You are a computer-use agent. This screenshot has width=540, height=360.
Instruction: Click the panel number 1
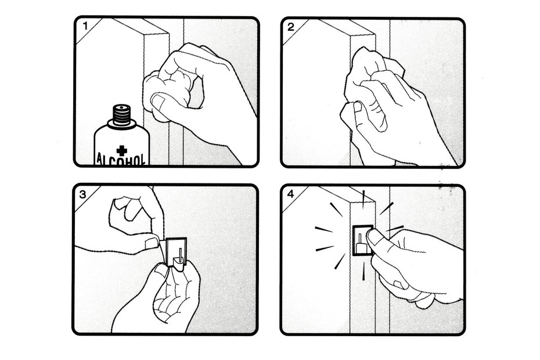pyautogui.click(x=85, y=26)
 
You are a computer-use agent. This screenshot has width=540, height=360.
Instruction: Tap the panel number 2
pyautogui.click(x=291, y=27)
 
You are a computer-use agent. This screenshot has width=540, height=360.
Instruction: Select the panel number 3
pyautogui.click(x=83, y=195)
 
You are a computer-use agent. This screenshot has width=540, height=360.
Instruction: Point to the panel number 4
pyautogui.click(x=291, y=195)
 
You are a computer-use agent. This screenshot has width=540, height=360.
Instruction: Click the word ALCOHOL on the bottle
pyautogui.click(x=121, y=159)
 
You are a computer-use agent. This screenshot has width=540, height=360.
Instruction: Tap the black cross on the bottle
pyautogui.click(x=121, y=150)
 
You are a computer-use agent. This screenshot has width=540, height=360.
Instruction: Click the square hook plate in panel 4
pyautogui.click(x=363, y=240)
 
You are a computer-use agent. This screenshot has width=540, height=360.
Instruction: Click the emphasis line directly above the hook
pyautogui.click(x=363, y=199)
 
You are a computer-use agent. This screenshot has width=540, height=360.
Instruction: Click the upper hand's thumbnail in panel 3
pyautogui.click(x=151, y=243)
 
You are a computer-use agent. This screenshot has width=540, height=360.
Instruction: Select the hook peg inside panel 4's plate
pyautogui.click(x=360, y=243)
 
